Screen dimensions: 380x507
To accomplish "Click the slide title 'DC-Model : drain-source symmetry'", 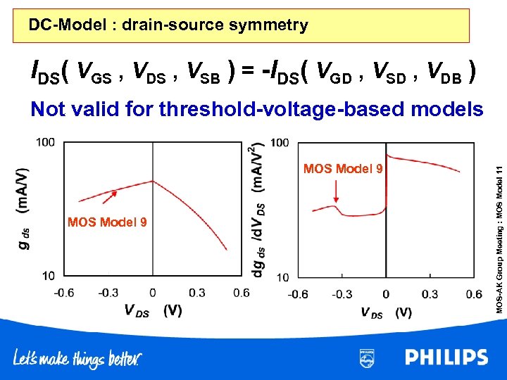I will pyautogui.click(x=168, y=26).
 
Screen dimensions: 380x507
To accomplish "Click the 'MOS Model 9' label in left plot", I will pyautogui.click(x=107, y=222).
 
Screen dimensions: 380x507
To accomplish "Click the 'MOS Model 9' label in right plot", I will pyautogui.click(x=343, y=169).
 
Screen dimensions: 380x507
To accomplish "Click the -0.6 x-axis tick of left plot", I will pyautogui.click(x=63, y=292).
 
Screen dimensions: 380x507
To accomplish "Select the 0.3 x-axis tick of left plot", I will pyautogui.click(x=197, y=292).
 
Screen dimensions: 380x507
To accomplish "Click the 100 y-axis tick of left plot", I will pyautogui.click(x=46, y=143).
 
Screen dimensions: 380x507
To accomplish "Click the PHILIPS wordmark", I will pyautogui.click(x=446, y=357).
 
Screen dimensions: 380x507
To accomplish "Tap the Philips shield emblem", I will pyautogui.click(x=367, y=357).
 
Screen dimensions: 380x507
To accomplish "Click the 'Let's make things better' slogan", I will pyautogui.click(x=77, y=359).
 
